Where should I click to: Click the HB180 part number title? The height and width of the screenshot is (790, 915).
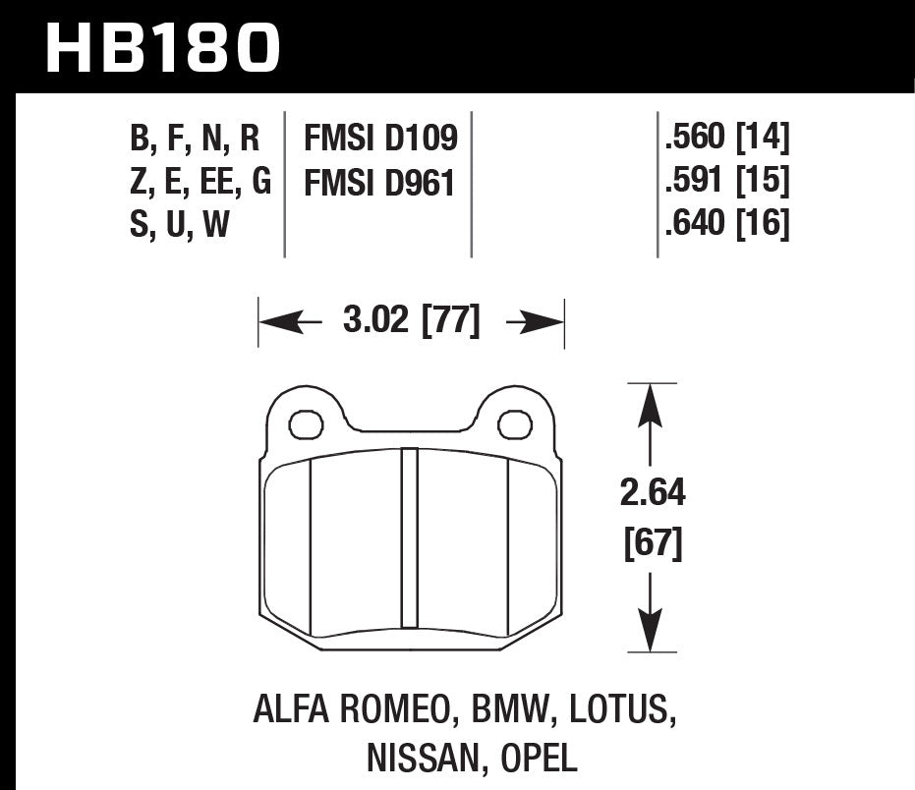point(163,47)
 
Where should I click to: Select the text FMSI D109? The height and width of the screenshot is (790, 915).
point(380,139)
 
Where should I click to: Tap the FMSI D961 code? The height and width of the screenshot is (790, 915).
point(380,182)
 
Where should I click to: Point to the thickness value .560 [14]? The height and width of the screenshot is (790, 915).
point(727,139)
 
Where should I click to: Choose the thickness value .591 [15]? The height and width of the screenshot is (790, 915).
point(727,182)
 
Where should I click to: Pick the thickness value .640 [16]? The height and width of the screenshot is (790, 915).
point(727,225)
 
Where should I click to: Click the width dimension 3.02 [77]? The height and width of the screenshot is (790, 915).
point(412,322)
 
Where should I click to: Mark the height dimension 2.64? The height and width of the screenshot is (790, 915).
point(653,492)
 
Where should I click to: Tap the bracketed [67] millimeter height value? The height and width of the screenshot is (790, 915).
point(653,541)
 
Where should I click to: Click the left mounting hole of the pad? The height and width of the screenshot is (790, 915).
point(307,424)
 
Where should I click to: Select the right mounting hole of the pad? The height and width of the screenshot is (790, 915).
point(514,424)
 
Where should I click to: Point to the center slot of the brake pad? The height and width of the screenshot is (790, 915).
point(410,538)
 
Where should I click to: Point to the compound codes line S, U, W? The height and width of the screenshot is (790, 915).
point(179,225)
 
